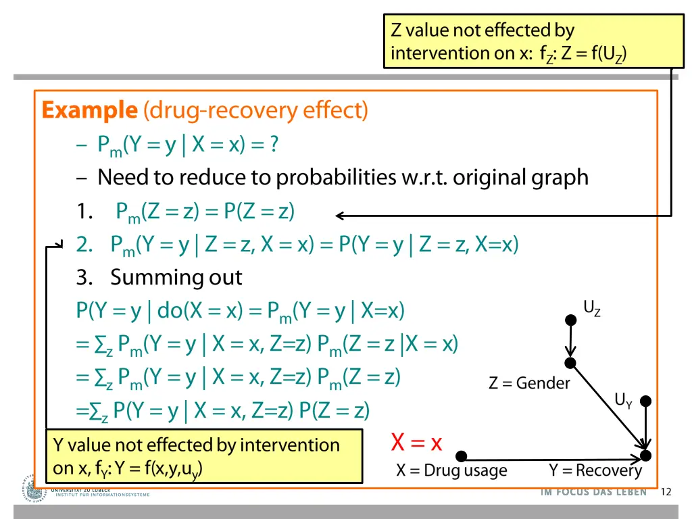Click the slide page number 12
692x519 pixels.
point(666,492)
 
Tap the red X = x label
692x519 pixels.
point(416,443)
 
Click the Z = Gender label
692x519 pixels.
point(529,383)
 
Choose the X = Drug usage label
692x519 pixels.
point(451,470)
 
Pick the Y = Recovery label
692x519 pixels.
point(595,470)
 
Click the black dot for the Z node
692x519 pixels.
point(570,363)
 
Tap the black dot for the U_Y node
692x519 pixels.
point(646,401)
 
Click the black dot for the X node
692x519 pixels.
point(461,456)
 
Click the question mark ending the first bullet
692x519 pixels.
point(274,145)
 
